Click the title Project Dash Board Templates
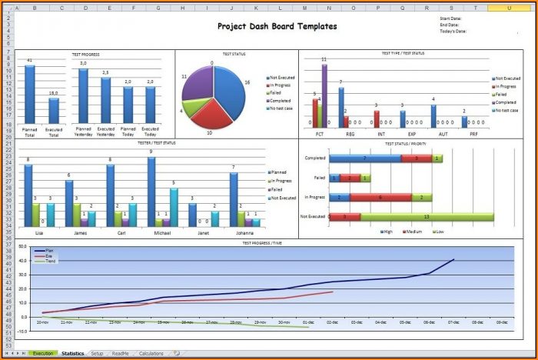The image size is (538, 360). (x=277, y=26)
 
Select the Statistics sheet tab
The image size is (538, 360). (x=73, y=353)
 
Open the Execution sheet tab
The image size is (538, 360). (x=42, y=353)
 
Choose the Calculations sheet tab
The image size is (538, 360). (x=151, y=353)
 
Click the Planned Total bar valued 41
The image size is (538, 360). (x=30, y=93)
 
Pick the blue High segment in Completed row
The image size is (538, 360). (x=365, y=158)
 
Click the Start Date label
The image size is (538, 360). (x=452, y=18)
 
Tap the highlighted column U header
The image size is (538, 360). (x=509, y=7)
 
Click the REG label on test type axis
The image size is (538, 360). (x=350, y=134)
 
